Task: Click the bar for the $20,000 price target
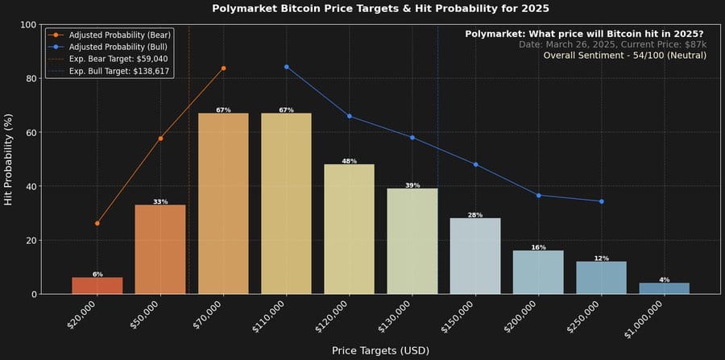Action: [x=97, y=286]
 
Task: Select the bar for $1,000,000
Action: [x=664, y=288]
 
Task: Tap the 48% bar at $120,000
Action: [x=349, y=230]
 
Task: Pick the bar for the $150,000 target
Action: [x=475, y=256]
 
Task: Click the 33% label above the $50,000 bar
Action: [x=160, y=201]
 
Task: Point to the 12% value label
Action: [x=601, y=258]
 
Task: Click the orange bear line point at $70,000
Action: [x=223, y=68]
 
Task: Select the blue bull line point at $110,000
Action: [x=286, y=67]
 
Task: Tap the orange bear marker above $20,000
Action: [x=97, y=223]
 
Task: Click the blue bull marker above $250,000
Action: [x=601, y=201]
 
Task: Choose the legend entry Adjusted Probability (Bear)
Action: [x=112, y=35]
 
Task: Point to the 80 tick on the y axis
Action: [x=31, y=79]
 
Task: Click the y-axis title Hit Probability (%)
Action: [x=9, y=159]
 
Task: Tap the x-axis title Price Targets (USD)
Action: [x=380, y=350]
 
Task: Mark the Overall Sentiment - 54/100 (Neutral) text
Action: [x=624, y=56]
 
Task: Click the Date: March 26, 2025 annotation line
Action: [x=612, y=44]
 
